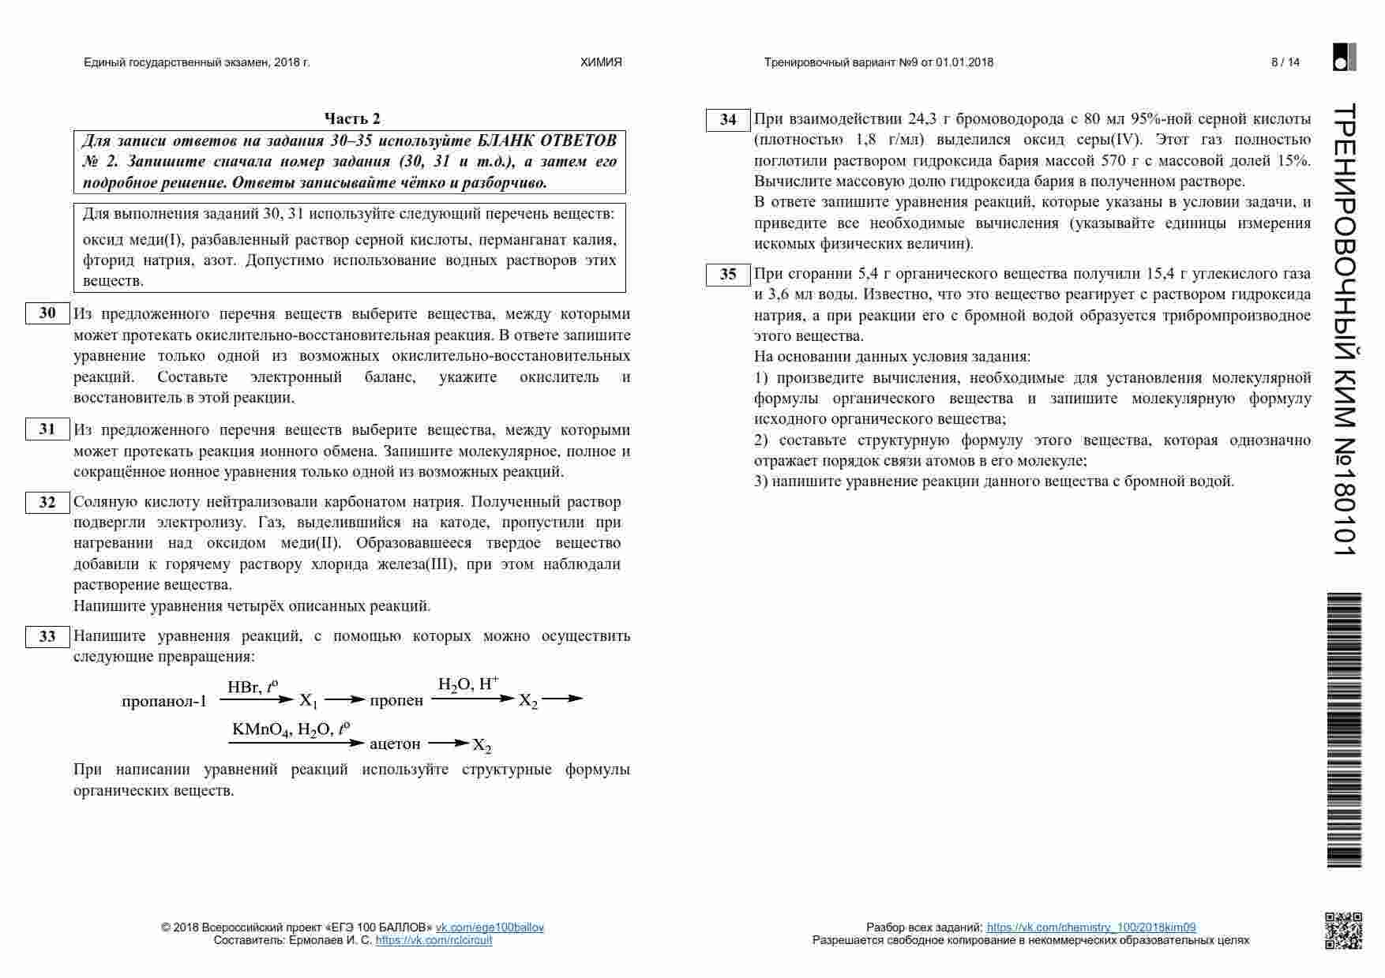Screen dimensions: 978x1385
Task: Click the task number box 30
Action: (x=47, y=313)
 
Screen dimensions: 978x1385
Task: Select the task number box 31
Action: (x=47, y=429)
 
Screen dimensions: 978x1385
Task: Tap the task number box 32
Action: (x=47, y=502)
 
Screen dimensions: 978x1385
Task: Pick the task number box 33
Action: (x=47, y=636)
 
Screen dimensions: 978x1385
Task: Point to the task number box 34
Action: (x=727, y=120)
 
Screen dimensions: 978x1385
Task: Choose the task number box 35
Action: (x=727, y=275)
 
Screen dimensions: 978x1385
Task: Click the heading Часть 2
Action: (x=352, y=118)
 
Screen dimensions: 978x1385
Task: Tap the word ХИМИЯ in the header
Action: (x=601, y=62)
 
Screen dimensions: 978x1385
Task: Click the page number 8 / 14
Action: (x=1285, y=62)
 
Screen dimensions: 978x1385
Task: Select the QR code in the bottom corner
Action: (x=1343, y=930)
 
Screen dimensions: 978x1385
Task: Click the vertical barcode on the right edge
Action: (x=1344, y=729)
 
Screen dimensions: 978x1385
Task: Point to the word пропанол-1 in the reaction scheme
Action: (x=164, y=701)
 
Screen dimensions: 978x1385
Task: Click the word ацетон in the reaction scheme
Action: (x=395, y=744)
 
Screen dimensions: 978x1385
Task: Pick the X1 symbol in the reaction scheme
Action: (x=308, y=701)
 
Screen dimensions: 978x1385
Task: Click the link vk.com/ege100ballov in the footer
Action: (x=490, y=927)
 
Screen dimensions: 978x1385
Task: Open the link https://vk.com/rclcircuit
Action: (x=434, y=940)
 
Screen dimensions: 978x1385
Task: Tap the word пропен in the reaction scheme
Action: (x=396, y=701)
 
